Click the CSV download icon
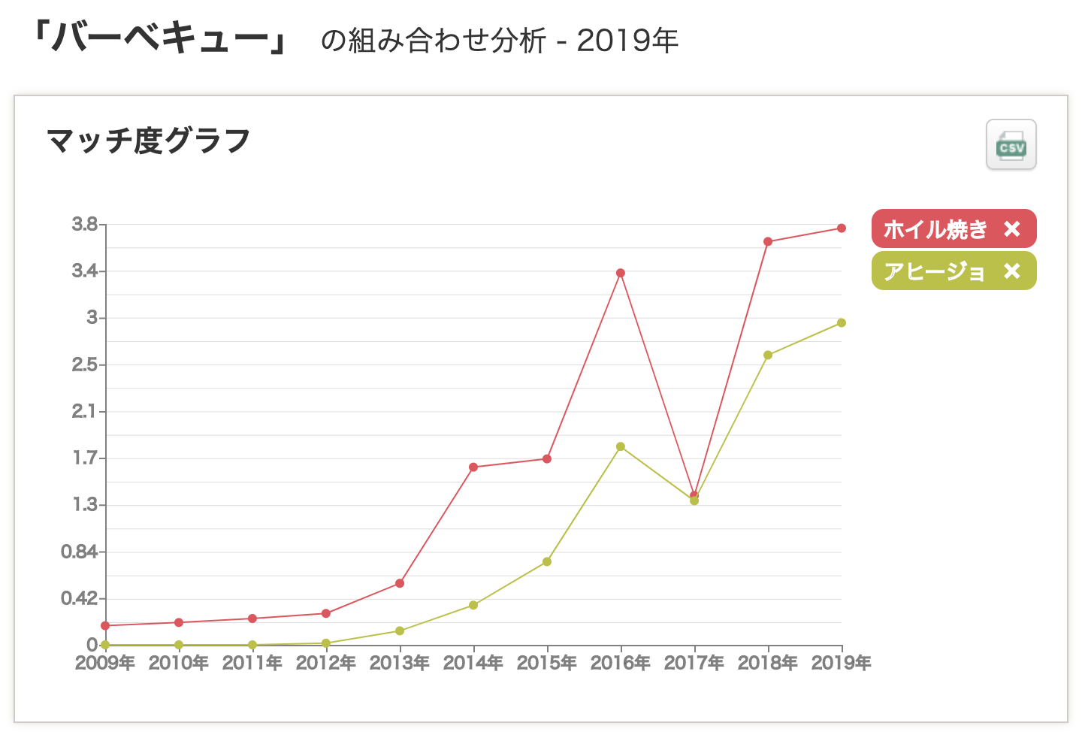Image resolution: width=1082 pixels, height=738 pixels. (1011, 145)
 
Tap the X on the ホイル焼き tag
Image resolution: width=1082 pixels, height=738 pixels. (1012, 228)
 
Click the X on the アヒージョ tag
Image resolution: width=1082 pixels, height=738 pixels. (1012, 271)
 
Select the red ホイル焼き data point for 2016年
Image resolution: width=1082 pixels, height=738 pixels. (621, 273)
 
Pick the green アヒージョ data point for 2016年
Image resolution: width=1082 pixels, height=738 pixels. (621, 446)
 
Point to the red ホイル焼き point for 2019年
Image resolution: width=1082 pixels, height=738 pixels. (842, 228)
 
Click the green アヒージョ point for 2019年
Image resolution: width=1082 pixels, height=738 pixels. (842, 322)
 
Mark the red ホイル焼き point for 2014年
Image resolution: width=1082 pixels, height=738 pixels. (473, 467)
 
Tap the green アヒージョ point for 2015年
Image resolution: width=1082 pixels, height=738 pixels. (547, 561)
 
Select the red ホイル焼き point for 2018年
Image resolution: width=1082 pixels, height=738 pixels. (768, 241)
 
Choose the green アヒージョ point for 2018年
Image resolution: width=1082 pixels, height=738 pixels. (768, 355)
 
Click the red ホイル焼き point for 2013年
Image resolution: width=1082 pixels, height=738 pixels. (400, 583)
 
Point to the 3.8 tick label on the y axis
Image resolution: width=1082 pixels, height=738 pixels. (84, 224)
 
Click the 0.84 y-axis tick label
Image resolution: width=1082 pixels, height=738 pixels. (79, 552)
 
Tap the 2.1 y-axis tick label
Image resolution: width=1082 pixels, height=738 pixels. (84, 411)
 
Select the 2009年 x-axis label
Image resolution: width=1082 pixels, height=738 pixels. (105, 663)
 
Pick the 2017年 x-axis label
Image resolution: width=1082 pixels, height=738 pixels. (694, 663)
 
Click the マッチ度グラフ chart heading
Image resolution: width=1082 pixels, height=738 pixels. (148, 141)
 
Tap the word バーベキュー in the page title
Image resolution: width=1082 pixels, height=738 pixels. (161, 38)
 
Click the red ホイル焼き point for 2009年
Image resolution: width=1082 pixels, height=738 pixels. (105, 625)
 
